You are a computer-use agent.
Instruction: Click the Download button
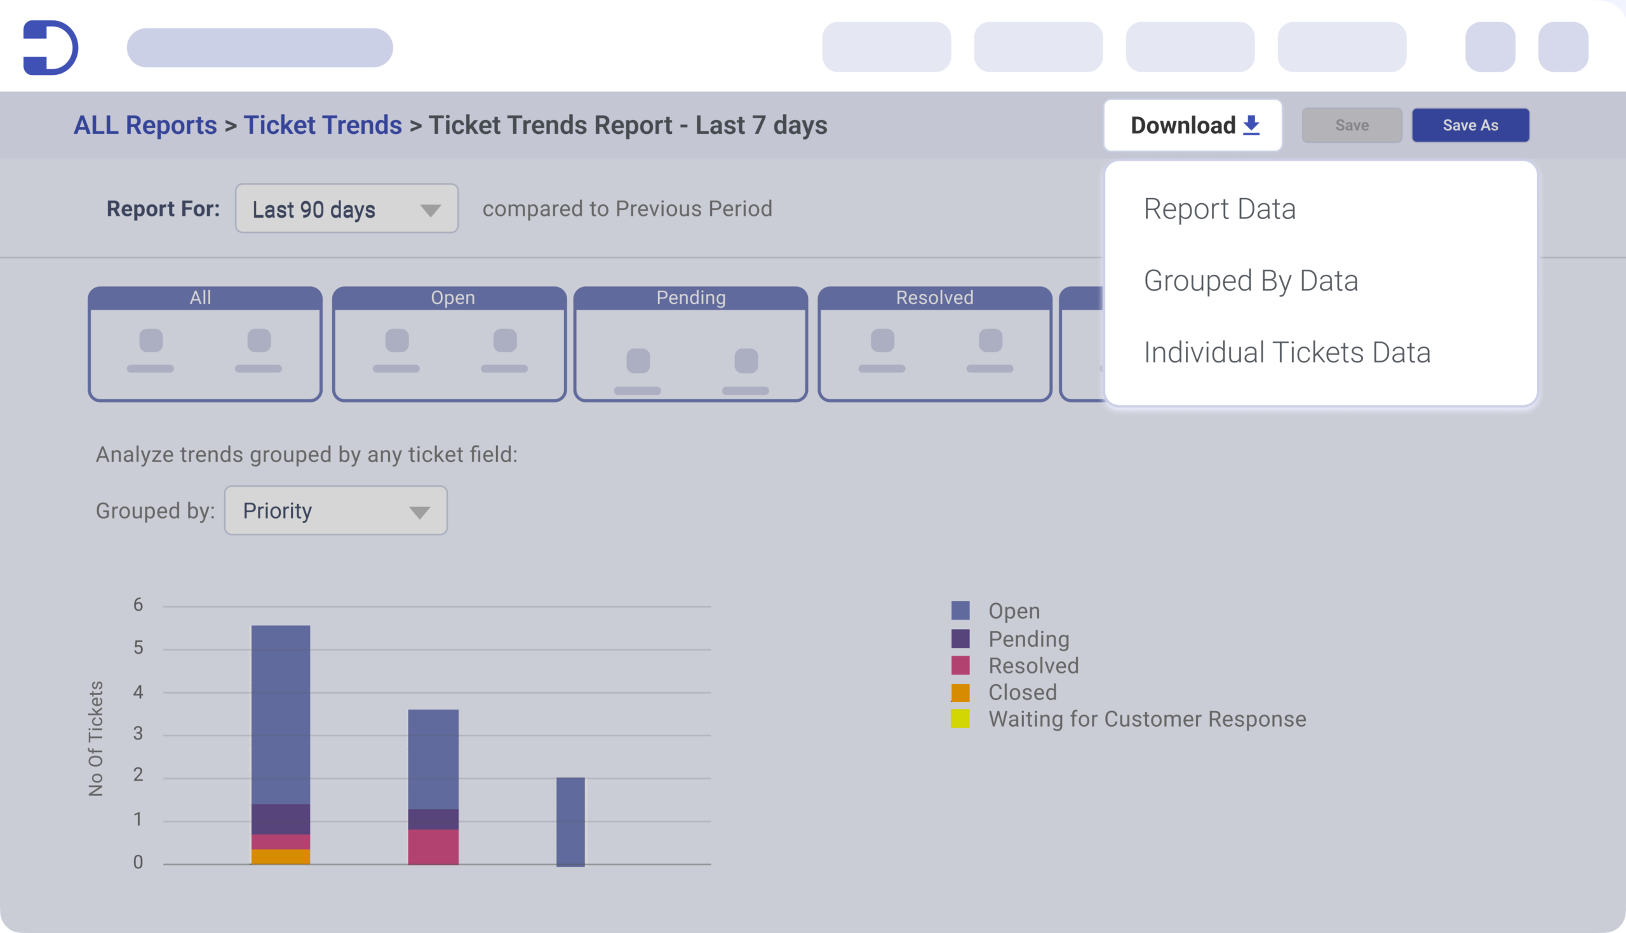click(1193, 125)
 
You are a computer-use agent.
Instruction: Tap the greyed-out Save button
click(1352, 125)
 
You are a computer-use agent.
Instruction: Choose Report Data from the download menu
click(1219, 209)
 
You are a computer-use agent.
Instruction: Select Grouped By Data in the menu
click(1250, 281)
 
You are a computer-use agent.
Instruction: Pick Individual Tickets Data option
click(1287, 352)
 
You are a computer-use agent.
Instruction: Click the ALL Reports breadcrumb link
click(145, 125)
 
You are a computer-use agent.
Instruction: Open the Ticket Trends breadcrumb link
click(323, 125)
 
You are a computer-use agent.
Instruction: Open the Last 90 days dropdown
click(346, 209)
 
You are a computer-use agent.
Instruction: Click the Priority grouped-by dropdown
click(335, 511)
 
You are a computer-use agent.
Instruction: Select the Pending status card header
click(690, 298)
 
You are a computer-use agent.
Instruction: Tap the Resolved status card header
click(934, 298)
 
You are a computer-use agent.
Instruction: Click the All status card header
click(201, 298)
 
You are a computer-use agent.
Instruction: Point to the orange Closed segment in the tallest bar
click(281, 857)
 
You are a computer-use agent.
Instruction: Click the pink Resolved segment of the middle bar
click(433, 847)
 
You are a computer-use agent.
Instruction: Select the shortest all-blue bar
click(570, 821)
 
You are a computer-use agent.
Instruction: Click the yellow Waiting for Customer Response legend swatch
click(960, 719)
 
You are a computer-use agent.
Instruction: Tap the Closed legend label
click(1022, 692)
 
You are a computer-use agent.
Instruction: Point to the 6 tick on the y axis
click(138, 605)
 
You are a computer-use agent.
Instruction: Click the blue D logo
click(51, 48)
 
